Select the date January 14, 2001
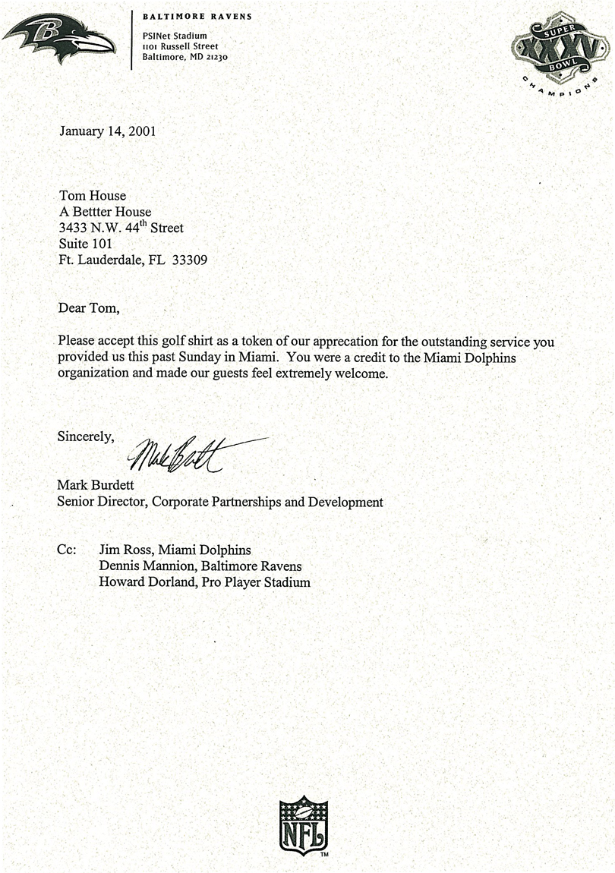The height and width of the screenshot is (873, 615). (107, 131)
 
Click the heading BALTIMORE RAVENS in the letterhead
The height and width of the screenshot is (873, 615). (197, 17)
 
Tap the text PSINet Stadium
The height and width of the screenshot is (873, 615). (175, 36)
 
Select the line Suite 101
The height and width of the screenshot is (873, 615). (85, 244)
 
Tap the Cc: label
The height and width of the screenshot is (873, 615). (67, 550)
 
